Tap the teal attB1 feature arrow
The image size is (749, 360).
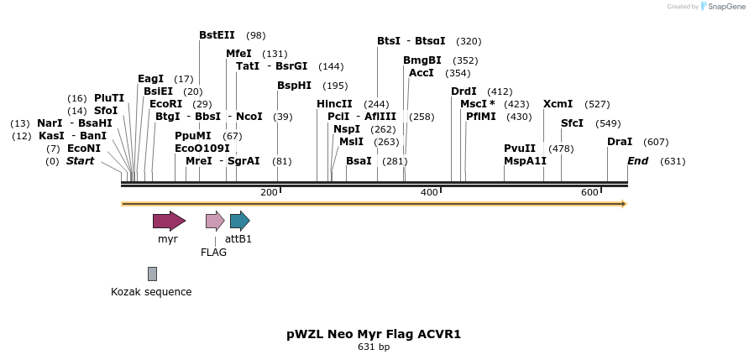tap(239, 222)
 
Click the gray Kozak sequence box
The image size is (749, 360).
tap(152, 274)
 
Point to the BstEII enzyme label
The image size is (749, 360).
tap(217, 35)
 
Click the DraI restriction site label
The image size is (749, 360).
tap(620, 142)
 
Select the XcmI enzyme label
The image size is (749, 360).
tap(558, 104)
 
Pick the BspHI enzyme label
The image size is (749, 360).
tap(294, 86)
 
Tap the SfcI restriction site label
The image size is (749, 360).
tap(572, 123)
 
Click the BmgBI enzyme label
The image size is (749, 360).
tap(422, 60)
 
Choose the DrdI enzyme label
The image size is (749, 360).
tap(464, 91)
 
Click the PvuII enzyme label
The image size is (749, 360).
tap(519, 149)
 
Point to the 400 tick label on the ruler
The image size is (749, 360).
tap(429, 193)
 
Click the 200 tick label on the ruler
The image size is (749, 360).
tap(269, 193)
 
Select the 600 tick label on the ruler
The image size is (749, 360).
tap(589, 193)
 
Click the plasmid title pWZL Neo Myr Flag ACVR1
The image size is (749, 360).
tap(374, 334)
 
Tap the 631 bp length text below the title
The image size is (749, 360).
tap(374, 347)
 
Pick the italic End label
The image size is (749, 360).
tap(637, 161)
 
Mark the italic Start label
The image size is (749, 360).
tap(80, 161)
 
